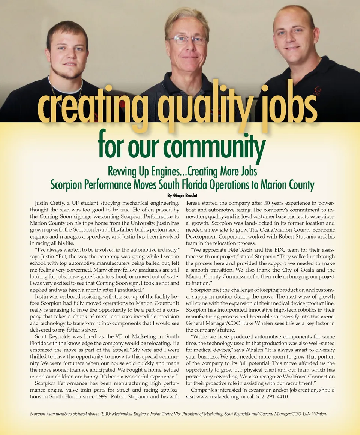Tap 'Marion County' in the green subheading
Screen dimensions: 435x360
pos(287,185)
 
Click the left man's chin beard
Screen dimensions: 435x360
pos(66,74)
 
